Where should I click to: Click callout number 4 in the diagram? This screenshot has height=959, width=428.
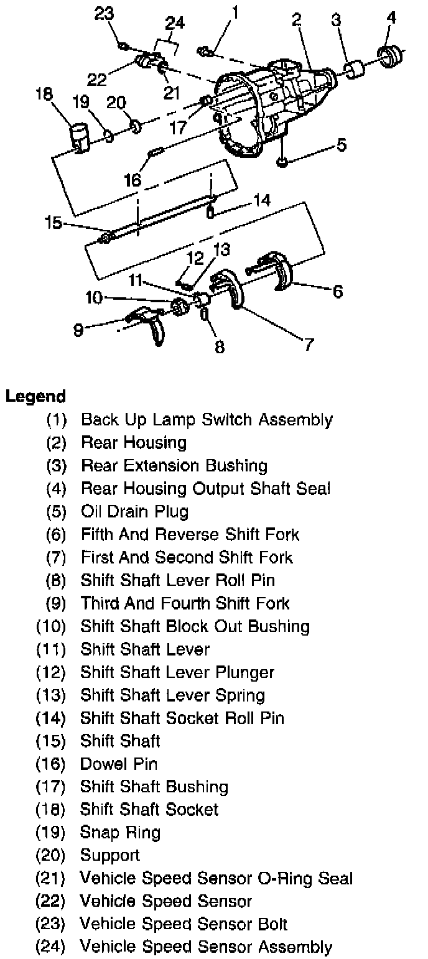pos(391,18)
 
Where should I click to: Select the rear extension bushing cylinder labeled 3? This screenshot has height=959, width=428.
pos(355,70)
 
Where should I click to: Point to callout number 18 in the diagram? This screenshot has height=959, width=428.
pos(44,93)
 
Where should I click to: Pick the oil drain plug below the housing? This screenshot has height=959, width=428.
pos(282,162)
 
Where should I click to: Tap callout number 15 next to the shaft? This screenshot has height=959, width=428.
pos(53,222)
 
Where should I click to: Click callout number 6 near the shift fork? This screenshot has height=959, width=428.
pos(338,291)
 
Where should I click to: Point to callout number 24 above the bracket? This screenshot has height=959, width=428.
pos(175,24)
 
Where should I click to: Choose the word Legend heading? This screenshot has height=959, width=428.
pos(35,396)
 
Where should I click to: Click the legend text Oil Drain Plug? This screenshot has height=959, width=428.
pos(134,511)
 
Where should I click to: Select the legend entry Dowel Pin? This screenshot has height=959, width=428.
pos(118,764)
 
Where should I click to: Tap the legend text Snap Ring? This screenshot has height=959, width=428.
pos(120,832)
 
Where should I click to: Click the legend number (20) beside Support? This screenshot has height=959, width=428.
pos(50,855)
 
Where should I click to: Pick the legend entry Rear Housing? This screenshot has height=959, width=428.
pos(133,442)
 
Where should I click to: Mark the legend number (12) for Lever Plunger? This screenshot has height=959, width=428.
pos(50,672)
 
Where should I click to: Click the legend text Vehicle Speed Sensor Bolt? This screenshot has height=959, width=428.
pos(184,924)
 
